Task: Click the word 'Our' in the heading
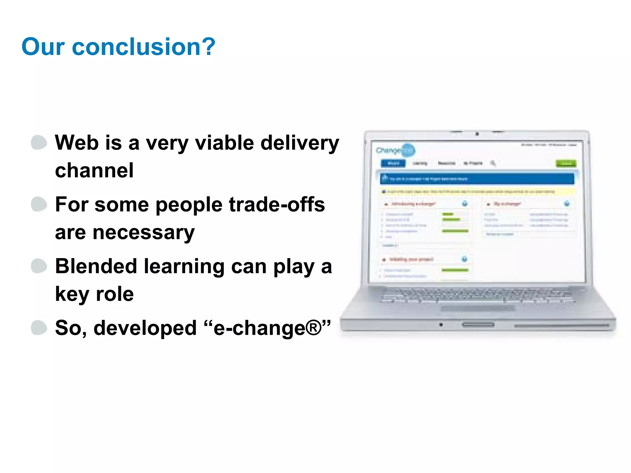pos(43,47)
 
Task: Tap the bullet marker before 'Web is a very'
pos(39,143)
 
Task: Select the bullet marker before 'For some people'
pos(39,204)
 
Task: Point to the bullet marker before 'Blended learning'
pos(39,266)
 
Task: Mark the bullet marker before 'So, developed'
pos(39,328)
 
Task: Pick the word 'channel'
pos(94,171)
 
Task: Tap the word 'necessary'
pos(144,233)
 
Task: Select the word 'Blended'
pos(96,266)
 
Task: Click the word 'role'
pos(115,294)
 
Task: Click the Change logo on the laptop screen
pos(396,150)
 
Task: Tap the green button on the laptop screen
pos(566,163)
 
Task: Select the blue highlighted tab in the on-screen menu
pos(393,163)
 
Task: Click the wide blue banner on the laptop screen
pos(477,179)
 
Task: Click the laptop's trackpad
pos(478,308)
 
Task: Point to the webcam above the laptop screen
pos(477,134)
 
